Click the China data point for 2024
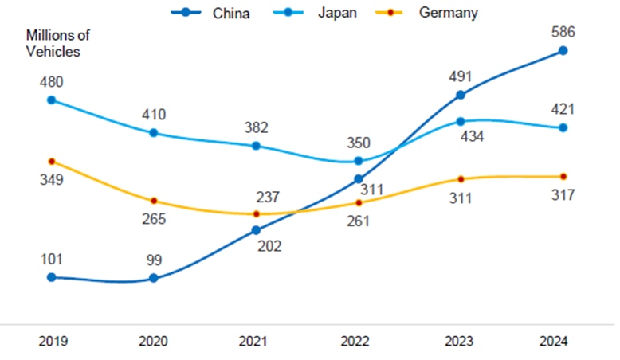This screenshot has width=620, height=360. coord(563,50)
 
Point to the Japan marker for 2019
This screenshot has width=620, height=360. coord(51,100)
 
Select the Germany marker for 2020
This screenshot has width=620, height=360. coord(154,201)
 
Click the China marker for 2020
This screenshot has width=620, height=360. coord(154,279)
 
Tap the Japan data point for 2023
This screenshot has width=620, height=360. coord(461,121)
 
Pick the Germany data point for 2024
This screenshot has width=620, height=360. coord(563,176)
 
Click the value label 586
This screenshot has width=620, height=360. coord(563,32)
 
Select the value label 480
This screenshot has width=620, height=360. coord(51,82)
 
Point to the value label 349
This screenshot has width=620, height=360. coord(51,179)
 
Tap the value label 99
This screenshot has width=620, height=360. coord(154,260)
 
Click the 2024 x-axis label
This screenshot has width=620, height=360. coord(552,341)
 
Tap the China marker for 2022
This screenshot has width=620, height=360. coord(359,179)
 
